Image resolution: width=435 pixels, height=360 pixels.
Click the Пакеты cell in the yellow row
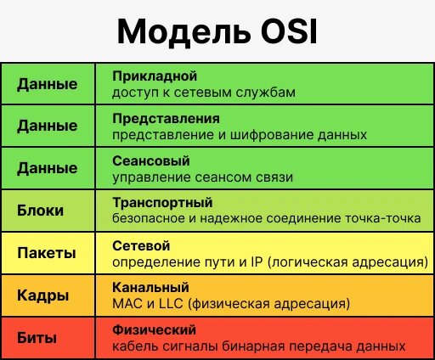(x=46, y=253)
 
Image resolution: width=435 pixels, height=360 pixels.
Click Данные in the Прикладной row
(x=47, y=84)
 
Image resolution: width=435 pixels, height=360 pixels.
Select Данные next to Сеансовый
(x=47, y=168)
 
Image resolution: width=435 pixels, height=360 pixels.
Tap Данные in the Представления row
(x=47, y=127)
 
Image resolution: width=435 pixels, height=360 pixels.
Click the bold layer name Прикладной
(x=149, y=76)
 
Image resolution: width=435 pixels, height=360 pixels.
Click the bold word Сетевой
(x=136, y=245)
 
